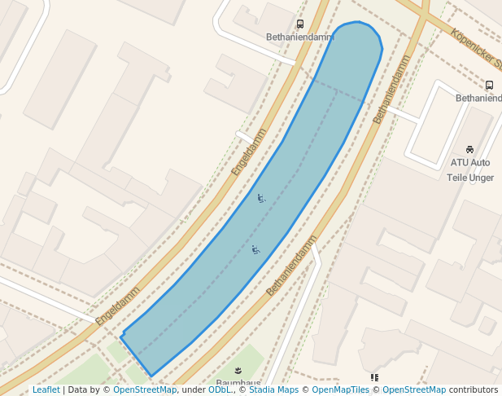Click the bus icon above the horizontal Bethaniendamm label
pyautogui.click(x=300, y=24)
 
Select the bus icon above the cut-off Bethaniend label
pyautogui.click(x=489, y=85)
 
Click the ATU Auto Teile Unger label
pyautogui.click(x=470, y=169)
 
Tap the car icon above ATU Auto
pyautogui.click(x=470, y=149)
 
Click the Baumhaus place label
pyautogui.click(x=238, y=383)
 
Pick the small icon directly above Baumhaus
pyautogui.click(x=238, y=371)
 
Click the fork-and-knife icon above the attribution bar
pyautogui.click(x=374, y=377)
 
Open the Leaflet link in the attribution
pyautogui.click(x=46, y=389)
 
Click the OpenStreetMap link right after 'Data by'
pyautogui.click(x=145, y=389)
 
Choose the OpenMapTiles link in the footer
pyautogui.click(x=341, y=389)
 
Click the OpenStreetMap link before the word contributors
pyautogui.click(x=414, y=389)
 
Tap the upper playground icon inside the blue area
pyautogui.click(x=261, y=198)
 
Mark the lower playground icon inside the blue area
pyautogui.click(x=255, y=249)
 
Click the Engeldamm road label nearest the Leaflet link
pyautogui.click(x=118, y=306)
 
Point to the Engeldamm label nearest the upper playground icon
pyautogui.click(x=249, y=151)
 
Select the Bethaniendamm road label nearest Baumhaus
pyautogui.click(x=291, y=265)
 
